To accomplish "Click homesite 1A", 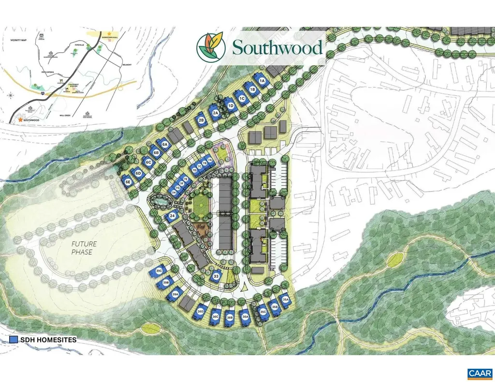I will click(262, 82).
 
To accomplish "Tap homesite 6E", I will click(128, 182).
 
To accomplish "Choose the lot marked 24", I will click(172, 216).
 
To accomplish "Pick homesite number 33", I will click(216, 277).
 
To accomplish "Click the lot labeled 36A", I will click(245, 317).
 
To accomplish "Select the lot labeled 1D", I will click(231, 105).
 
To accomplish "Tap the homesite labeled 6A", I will click(164, 144).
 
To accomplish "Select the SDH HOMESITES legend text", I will click(48, 340).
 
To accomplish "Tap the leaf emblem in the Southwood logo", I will click(210, 47).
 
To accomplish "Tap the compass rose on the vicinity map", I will click(11, 96).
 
